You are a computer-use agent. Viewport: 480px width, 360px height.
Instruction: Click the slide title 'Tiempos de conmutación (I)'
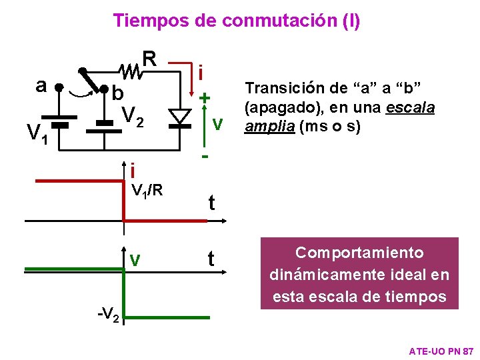click(237, 21)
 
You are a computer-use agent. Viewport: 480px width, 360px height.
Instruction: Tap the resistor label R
click(150, 58)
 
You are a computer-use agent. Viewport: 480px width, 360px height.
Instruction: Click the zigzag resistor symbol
click(131, 68)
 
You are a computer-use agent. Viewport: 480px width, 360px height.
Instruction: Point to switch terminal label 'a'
click(41, 85)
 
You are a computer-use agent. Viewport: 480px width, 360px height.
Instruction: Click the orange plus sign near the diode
click(204, 97)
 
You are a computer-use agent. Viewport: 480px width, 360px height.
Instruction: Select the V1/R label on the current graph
click(147, 191)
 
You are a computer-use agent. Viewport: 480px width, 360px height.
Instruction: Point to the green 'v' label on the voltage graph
click(135, 259)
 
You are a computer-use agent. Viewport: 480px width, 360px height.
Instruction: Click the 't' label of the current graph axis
click(211, 202)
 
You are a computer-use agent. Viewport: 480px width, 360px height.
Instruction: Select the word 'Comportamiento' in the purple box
click(359, 253)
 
